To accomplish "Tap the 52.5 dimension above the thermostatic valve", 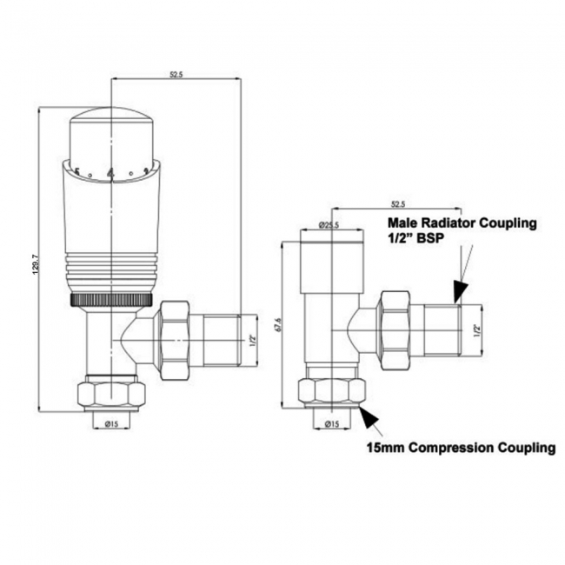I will pyautogui.click(x=176, y=76).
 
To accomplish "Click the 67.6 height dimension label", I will pyautogui.click(x=278, y=323).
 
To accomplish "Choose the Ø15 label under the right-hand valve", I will pyautogui.click(x=331, y=423).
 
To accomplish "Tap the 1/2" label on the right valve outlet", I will pyautogui.click(x=476, y=329).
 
